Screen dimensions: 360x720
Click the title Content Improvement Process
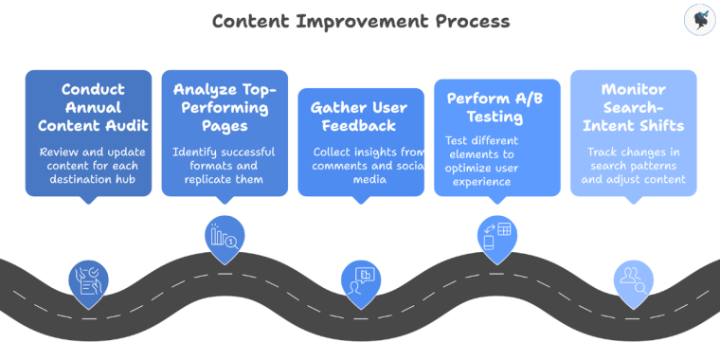click(360, 21)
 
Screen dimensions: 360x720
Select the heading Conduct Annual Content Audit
click(88, 106)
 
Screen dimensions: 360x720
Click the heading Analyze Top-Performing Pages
click(225, 106)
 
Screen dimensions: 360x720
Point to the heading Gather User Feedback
click(361, 116)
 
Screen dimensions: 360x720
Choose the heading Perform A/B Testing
click(497, 106)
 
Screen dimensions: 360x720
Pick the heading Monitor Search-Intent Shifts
click(634, 106)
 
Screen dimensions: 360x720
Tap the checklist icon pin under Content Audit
click(89, 280)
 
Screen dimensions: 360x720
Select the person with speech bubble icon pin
click(361, 280)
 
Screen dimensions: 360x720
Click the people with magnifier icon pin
click(633, 280)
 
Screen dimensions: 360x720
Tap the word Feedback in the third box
click(361, 125)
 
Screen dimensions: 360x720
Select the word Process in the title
click(468, 21)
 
